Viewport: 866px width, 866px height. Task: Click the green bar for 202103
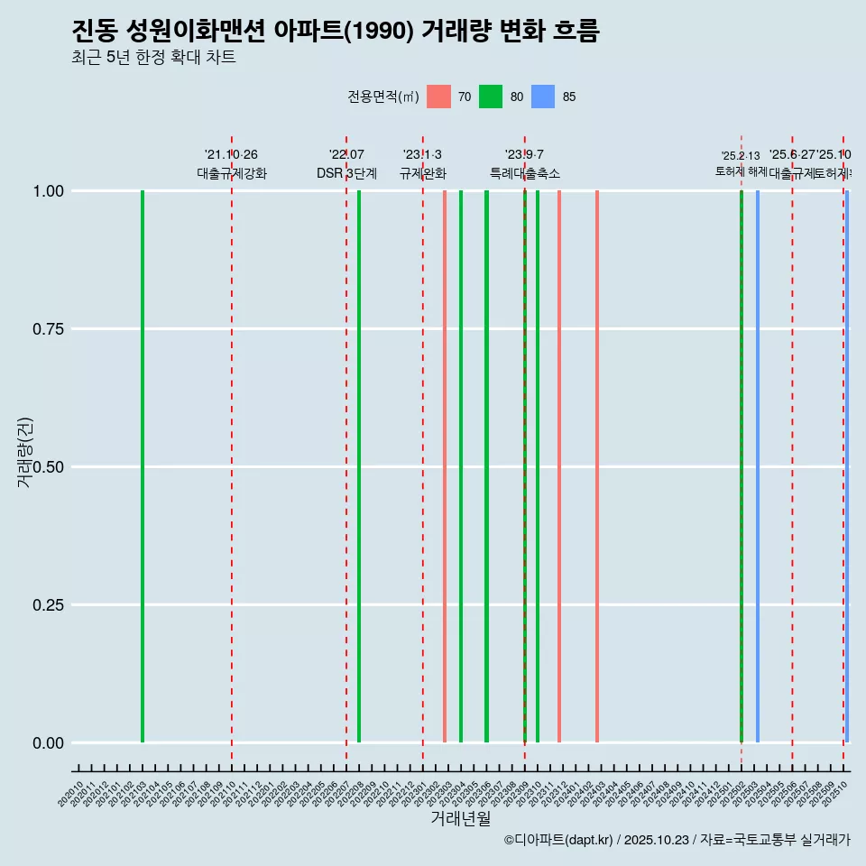(143, 466)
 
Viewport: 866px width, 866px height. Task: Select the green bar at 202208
(359, 466)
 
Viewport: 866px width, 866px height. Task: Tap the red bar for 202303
(445, 466)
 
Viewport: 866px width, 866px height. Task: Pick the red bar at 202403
(597, 466)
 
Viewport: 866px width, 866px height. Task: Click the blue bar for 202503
(758, 466)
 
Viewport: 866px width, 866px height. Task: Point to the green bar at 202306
(486, 466)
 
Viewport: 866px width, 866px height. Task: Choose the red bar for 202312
(559, 466)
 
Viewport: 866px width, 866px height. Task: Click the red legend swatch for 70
(438, 97)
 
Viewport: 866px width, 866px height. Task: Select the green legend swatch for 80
(491, 97)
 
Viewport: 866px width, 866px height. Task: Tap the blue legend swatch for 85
(543, 97)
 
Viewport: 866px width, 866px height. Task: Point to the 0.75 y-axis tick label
(47, 328)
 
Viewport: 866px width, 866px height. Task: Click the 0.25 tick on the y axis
(47, 604)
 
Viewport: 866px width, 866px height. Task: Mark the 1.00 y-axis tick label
(47, 191)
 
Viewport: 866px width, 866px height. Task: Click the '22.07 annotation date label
(346, 155)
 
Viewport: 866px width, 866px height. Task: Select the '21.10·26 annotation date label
(231, 155)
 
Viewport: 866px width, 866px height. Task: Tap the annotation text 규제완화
(423, 173)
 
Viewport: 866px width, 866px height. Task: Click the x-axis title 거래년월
(461, 818)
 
